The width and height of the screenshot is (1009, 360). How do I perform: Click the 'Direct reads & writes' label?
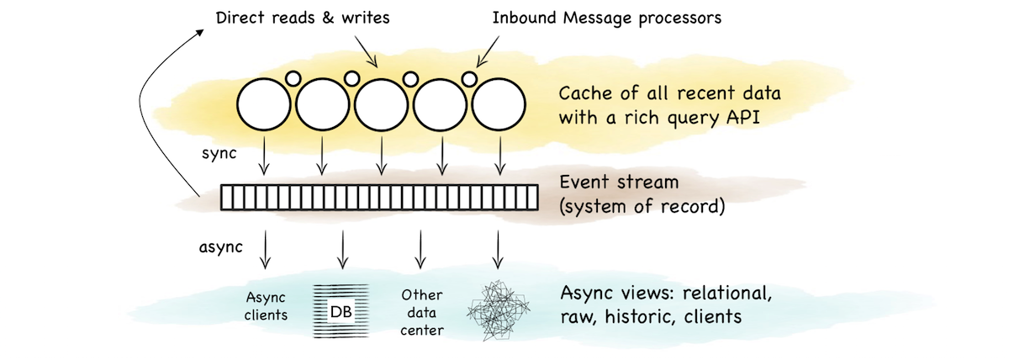coord(303,18)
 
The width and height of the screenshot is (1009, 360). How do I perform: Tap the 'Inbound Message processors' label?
coord(607,19)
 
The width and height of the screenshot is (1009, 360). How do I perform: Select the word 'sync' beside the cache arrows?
coord(219,154)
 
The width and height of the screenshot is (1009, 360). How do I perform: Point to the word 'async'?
coord(220,247)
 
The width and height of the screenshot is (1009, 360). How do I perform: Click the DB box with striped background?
coord(341,311)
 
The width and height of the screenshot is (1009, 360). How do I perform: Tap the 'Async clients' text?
coord(266,306)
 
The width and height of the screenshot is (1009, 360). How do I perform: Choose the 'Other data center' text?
coord(421,313)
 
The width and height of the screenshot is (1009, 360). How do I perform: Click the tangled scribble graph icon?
coord(498,310)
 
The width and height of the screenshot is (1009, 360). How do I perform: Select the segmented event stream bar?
coord(379,198)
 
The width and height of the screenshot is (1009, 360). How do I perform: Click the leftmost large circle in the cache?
coord(264,104)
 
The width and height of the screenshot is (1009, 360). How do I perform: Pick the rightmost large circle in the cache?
coord(499,104)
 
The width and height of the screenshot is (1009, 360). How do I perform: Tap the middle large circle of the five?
coord(382,104)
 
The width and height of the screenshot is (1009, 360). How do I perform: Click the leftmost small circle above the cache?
coord(293,79)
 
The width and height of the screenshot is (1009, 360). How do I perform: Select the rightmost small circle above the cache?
coord(469,79)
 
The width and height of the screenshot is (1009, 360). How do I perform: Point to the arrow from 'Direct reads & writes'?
coord(366,52)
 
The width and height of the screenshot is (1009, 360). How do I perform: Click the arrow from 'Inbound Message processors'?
coord(488,51)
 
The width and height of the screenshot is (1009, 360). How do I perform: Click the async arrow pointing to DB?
coord(343,250)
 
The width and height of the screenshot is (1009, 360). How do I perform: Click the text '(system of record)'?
coord(642,207)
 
